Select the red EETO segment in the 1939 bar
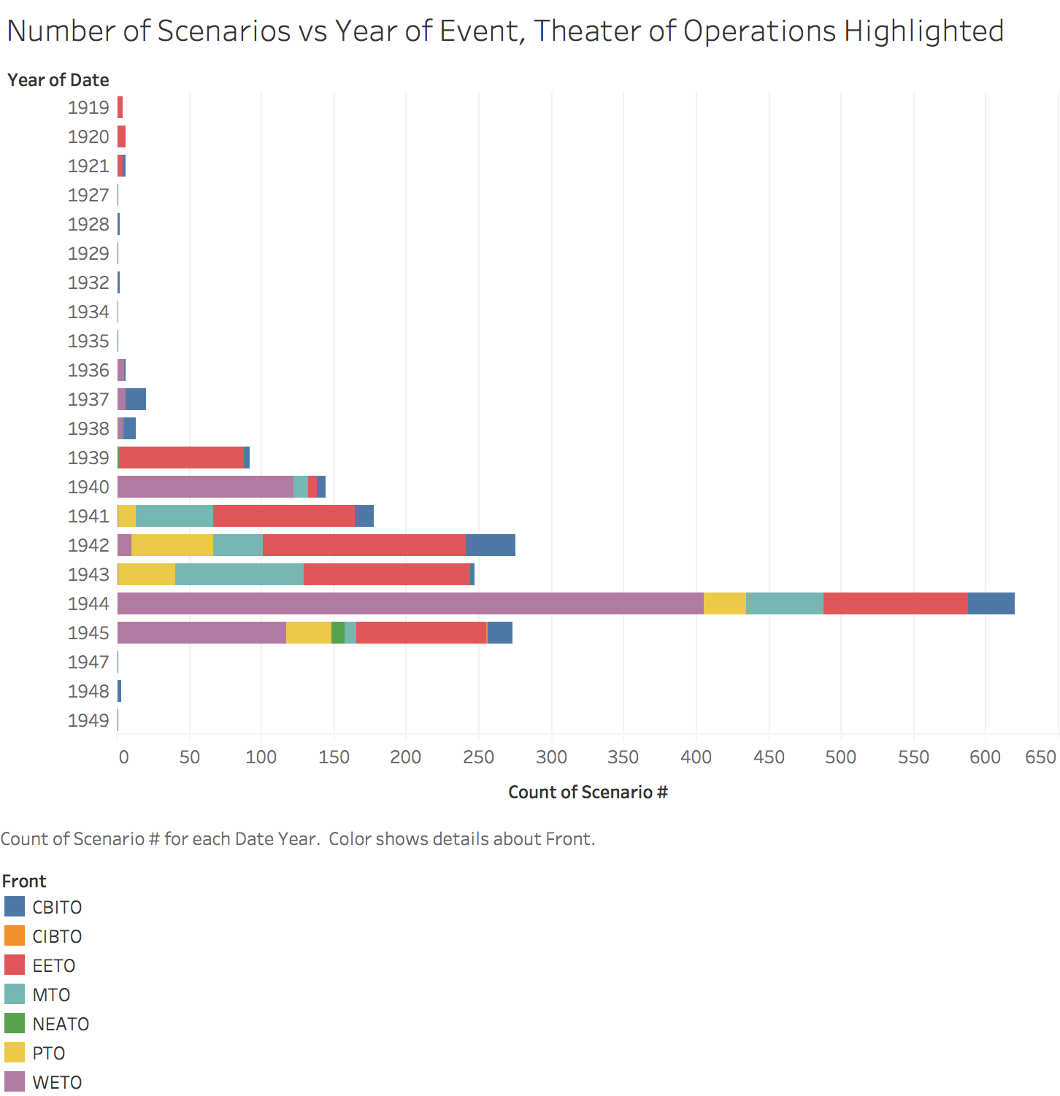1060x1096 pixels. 182,458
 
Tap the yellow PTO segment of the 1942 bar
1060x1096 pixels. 172,545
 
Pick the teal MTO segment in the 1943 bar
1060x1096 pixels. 239,574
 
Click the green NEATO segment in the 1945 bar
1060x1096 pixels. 338,633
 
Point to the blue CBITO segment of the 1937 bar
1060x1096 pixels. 136,399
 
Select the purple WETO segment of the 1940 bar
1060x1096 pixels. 205,487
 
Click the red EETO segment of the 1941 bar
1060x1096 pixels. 284,516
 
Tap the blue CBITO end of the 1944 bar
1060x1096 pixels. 991,603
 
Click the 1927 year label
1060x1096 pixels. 88,195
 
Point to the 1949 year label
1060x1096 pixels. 88,720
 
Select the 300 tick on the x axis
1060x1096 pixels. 551,757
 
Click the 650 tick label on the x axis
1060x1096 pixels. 1040,757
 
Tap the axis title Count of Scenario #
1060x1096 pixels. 588,792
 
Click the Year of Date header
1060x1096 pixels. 58,80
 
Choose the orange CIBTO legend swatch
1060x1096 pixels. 15,935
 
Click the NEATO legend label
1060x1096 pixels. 61,1024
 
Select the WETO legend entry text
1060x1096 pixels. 57,1082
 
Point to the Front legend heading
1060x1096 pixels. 24,881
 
